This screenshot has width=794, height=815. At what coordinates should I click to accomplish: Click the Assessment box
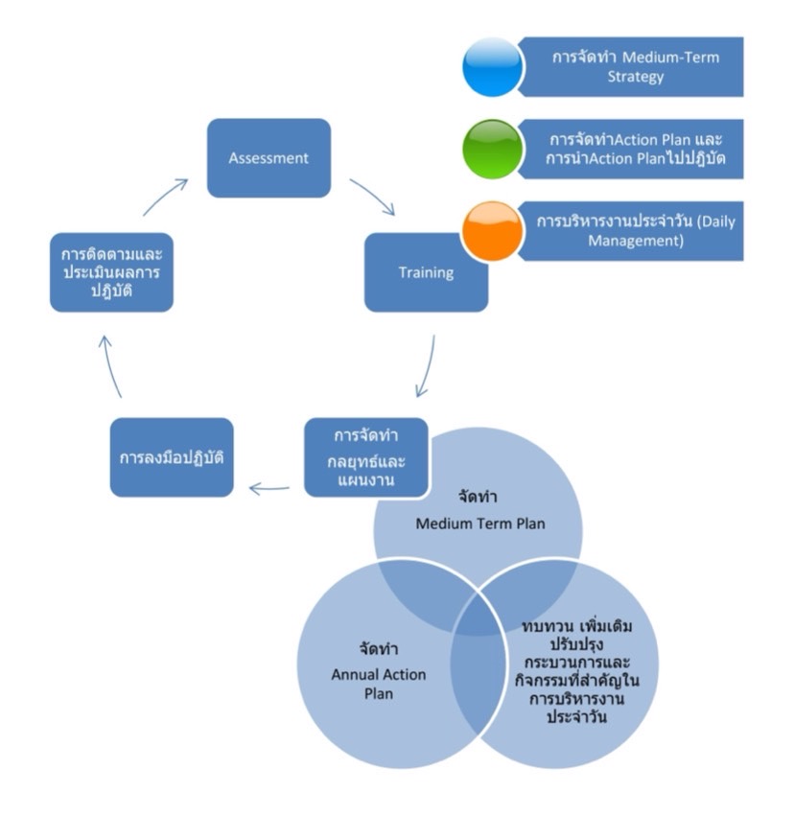269,158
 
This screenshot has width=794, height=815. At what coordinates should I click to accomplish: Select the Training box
426,272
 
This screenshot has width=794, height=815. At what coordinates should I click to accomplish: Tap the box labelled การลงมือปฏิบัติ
172,456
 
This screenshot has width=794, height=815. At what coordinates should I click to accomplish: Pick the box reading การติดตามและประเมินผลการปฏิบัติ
111,272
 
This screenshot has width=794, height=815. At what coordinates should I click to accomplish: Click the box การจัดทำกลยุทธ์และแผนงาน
365,456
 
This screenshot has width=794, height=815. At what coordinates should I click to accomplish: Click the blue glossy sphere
492,67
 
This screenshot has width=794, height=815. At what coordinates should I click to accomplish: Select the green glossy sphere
492,149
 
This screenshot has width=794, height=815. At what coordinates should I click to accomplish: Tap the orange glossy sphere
492,230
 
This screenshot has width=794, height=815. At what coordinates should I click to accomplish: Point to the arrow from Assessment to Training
371,196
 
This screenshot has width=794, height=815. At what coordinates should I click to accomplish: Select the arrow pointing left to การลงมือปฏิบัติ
269,489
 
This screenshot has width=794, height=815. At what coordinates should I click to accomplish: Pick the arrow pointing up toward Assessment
165,196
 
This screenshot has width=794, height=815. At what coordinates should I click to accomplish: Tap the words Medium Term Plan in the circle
479,524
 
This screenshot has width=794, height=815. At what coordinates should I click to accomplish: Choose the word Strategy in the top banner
635,77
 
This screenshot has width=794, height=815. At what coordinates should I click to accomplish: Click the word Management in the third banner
635,242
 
